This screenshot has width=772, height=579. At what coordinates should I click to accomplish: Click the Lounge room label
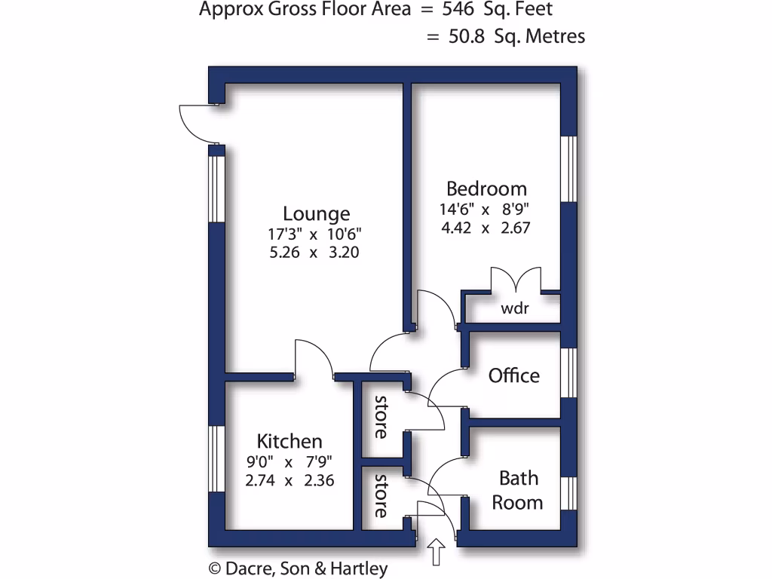pyautogui.click(x=316, y=213)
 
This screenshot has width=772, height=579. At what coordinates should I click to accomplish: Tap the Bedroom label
pyautogui.click(x=486, y=188)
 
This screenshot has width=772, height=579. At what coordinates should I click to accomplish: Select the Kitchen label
pyautogui.click(x=289, y=441)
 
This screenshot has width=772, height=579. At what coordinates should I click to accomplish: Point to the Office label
pyautogui.click(x=514, y=375)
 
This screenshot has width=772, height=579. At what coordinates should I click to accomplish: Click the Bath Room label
pyautogui.click(x=518, y=490)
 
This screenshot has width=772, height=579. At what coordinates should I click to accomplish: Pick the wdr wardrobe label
pyautogui.click(x=515, y=308)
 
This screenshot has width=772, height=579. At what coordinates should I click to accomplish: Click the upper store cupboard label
pyautogui.click(x=381, y=417)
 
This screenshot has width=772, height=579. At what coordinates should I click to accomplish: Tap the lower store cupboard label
pyautogui.click(x=381, y=495)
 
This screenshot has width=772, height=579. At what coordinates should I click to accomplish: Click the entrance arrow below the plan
pyautogui.click(x=436, y=552)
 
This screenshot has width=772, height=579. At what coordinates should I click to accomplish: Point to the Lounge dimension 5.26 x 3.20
pyautogui.click(x=314, y=252)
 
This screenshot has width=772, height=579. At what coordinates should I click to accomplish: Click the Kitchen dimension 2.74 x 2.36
pyautogui.click(x=289, y=479)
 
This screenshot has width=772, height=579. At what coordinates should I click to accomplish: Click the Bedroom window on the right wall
pyautogui.click(x=569, y=169)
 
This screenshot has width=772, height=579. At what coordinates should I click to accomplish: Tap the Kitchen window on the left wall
pyautogui.click(x=216, y=460)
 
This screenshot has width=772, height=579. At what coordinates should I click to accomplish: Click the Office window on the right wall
pyautogui.click(x=569, y=372)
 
